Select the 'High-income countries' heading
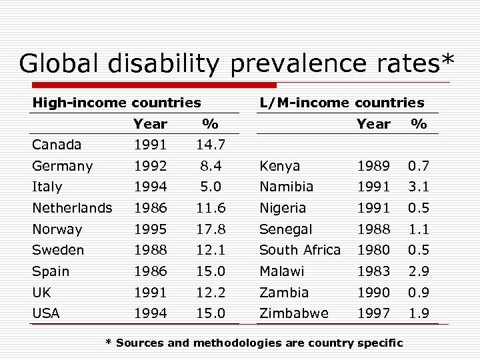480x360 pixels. pos(117,103)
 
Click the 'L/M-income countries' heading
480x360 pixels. pos(341,103)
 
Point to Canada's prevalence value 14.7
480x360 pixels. pos(210,145)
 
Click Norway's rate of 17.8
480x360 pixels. pos(210,229)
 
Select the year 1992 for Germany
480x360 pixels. pos(150,166)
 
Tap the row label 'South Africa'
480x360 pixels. pos(299,251)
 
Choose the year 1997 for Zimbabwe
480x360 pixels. pos(373,313)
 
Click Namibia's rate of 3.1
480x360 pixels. pos(419,187)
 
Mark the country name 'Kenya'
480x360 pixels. pos(279,166)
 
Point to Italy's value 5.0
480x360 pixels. pos(210,187)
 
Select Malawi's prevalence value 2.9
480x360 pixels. pos(419,271)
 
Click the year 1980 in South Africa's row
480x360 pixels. pos(373,251)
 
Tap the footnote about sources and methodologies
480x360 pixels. pos(255,343)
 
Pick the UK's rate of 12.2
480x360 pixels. pos(210,293)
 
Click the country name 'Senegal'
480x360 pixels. pos(285,229)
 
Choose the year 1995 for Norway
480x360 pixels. pos(150,229)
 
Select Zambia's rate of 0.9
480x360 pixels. pos(419,293)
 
